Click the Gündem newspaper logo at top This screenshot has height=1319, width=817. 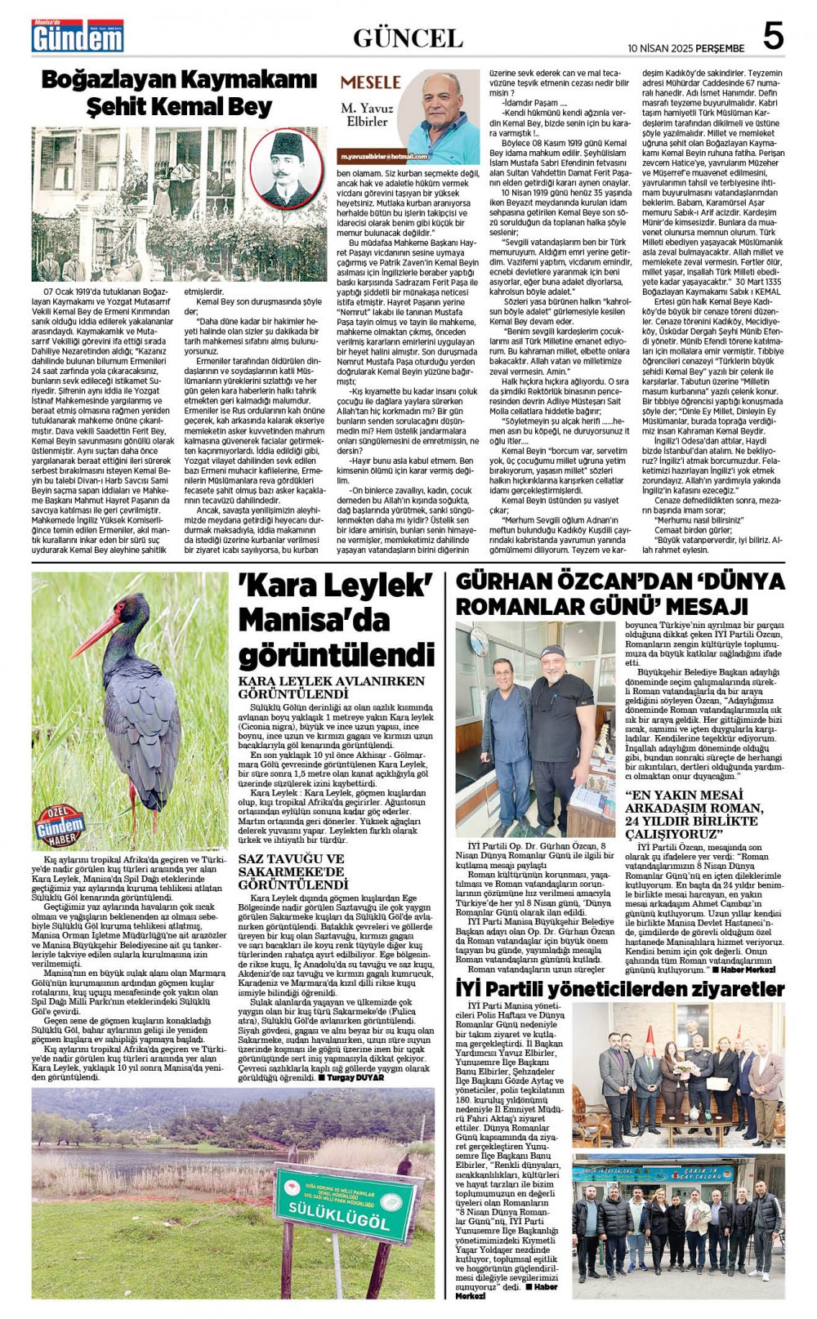point(77,37)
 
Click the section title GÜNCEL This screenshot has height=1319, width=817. point(408,38)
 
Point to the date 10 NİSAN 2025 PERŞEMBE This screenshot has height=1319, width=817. point(685,48)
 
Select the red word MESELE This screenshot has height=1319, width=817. point(370,82)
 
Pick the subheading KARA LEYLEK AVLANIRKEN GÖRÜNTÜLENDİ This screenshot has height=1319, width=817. point(331,686)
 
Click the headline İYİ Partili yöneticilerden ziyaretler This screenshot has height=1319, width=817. point(619,989)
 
